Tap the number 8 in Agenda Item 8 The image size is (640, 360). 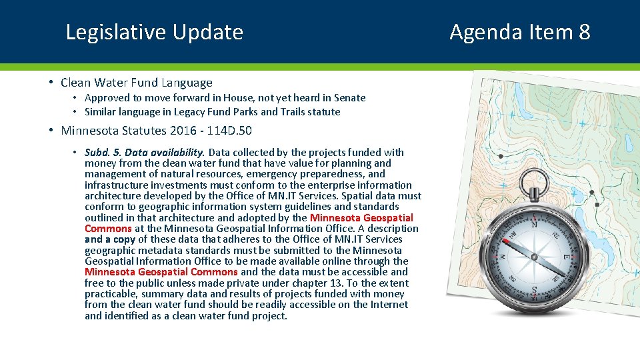584,32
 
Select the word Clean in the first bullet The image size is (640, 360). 76,83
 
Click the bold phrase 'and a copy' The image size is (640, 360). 110,239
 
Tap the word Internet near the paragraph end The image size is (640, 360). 385,305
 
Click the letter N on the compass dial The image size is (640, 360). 533,225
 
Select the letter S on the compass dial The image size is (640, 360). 534,290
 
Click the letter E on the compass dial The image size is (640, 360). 567,257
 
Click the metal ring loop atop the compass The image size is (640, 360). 534,183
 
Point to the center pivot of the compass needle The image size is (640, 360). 534,255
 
